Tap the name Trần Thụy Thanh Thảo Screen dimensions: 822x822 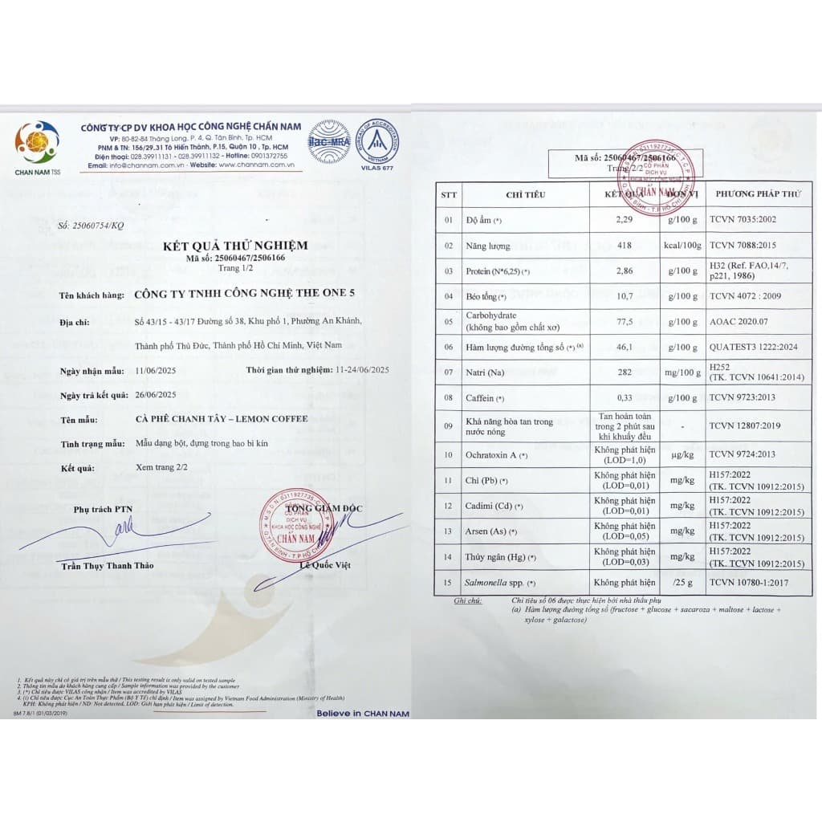click(107, 565)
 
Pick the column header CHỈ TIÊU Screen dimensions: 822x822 click(526, 193)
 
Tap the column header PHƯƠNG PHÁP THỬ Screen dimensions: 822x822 click(758, 193)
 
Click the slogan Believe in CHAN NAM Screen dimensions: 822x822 click(363, 713)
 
